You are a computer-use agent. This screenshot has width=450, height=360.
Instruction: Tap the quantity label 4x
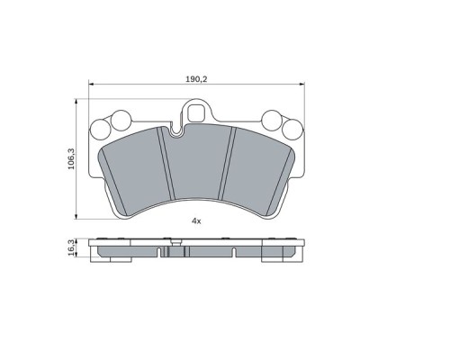pos(195,220)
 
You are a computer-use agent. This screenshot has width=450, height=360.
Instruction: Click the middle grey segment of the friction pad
pos(196,171)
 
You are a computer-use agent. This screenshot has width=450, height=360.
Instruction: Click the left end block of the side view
pos(112,254)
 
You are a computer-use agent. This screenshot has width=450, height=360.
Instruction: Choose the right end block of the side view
pos(279,254)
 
